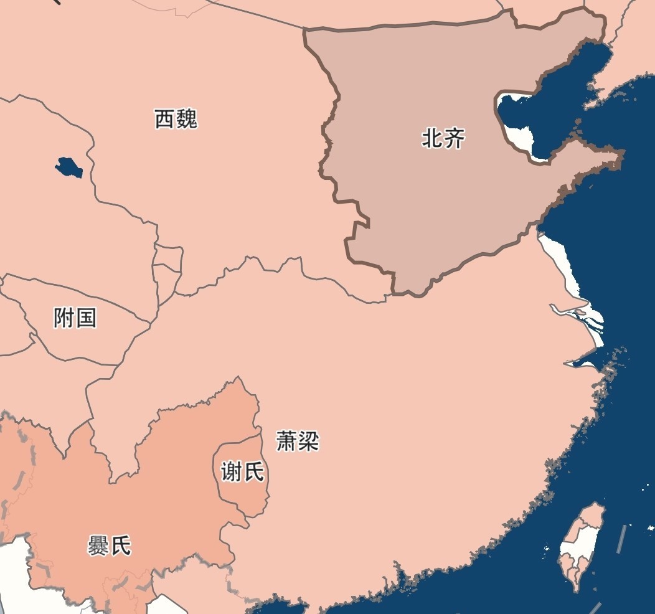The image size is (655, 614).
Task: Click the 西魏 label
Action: [176, 118]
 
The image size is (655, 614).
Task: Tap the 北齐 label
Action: [443, 138]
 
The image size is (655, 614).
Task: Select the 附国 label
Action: [75, 318]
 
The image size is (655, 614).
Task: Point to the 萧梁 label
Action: [298, 442]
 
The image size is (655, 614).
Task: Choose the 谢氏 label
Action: [243, 472]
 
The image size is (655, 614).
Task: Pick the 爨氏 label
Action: [110, 546]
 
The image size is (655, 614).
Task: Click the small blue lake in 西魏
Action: [68, 167]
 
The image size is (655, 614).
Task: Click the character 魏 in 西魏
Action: [186, 118]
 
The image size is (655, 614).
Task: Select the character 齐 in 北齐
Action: [454, 138]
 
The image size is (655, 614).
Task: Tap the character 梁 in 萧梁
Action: [308, 442]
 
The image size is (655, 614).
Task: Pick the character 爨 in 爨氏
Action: [99, 546]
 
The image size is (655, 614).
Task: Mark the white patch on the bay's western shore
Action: [520, 137]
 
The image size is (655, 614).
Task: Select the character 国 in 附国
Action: [86, 318]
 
